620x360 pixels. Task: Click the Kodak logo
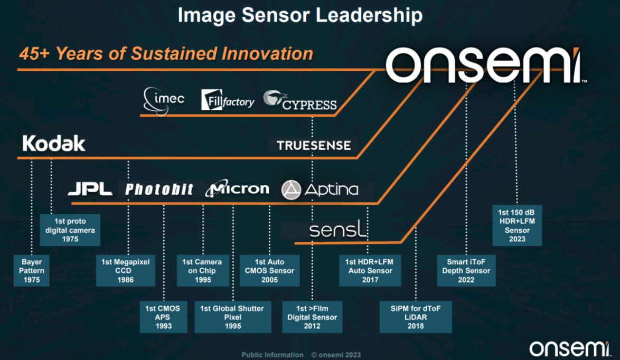pos(54,143)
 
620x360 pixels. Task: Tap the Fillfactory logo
pos(228,100)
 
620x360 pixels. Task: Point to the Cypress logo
pos(300,100)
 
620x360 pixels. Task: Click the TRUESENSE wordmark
pos(314,145)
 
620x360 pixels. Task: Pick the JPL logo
pos(90,189)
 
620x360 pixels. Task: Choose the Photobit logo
pos(159,190)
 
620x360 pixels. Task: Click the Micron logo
pos(237,188)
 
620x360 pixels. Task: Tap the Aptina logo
pos(320,190)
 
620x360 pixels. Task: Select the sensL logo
pos(337,229)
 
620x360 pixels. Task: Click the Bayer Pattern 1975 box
pos(32,271)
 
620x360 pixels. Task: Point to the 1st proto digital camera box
pos(70,230)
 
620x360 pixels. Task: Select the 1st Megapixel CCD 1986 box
pos(125,271)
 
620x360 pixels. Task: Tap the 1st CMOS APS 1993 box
pos(163,317)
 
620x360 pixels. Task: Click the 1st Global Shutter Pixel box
pos(233,317)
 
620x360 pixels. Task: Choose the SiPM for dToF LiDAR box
pos(416,317)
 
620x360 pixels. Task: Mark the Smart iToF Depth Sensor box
pos(466,271)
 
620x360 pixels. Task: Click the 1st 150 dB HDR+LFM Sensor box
pos(517,225)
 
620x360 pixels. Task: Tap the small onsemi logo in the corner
pos(570,348)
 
